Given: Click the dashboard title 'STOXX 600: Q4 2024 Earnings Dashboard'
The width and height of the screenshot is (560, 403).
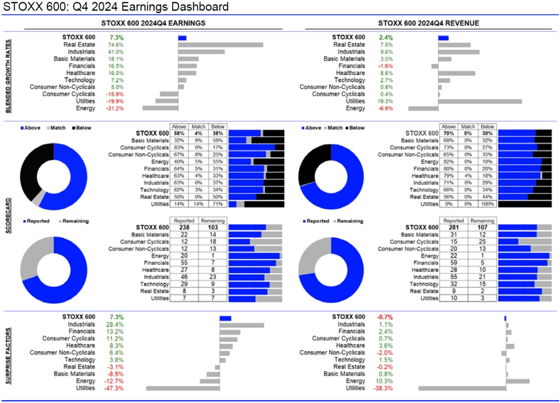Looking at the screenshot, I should [116, 7].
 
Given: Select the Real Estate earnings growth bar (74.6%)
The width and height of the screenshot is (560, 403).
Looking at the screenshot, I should [220, 45].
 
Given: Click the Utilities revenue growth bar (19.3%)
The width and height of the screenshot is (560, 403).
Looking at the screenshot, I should [480, 101].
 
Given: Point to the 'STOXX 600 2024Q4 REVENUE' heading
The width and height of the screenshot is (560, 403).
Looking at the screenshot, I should [428, 23].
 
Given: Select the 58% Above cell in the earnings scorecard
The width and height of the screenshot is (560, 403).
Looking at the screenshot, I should [177, 133].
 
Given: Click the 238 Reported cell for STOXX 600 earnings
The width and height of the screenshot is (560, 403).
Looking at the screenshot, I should [182, 227].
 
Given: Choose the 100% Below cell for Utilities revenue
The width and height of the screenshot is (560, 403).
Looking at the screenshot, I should [487, 204].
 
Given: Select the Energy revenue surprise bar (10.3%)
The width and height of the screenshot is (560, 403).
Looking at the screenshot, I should [518, 381].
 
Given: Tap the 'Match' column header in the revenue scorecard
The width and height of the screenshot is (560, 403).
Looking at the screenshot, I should [468, 126].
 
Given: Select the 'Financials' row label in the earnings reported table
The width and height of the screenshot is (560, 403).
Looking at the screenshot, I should [153, 263].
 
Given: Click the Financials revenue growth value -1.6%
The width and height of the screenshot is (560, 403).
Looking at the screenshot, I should [385, 66].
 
